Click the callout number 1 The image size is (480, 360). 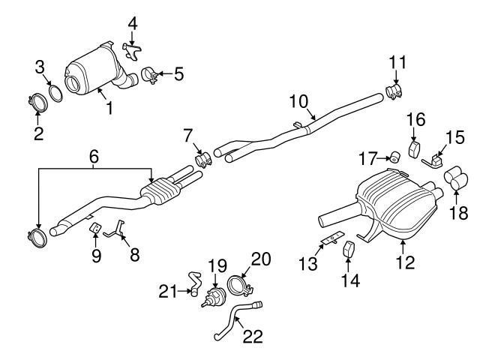[x=109, y=107]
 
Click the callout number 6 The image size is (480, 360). [x=94, y=157]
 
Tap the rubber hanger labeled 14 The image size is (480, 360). [x=349, y=249]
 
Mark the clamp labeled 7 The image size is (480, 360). [x=201, y=159]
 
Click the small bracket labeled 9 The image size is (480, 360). [x=95, y=227]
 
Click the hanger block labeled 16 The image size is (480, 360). [x=414, y=149]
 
